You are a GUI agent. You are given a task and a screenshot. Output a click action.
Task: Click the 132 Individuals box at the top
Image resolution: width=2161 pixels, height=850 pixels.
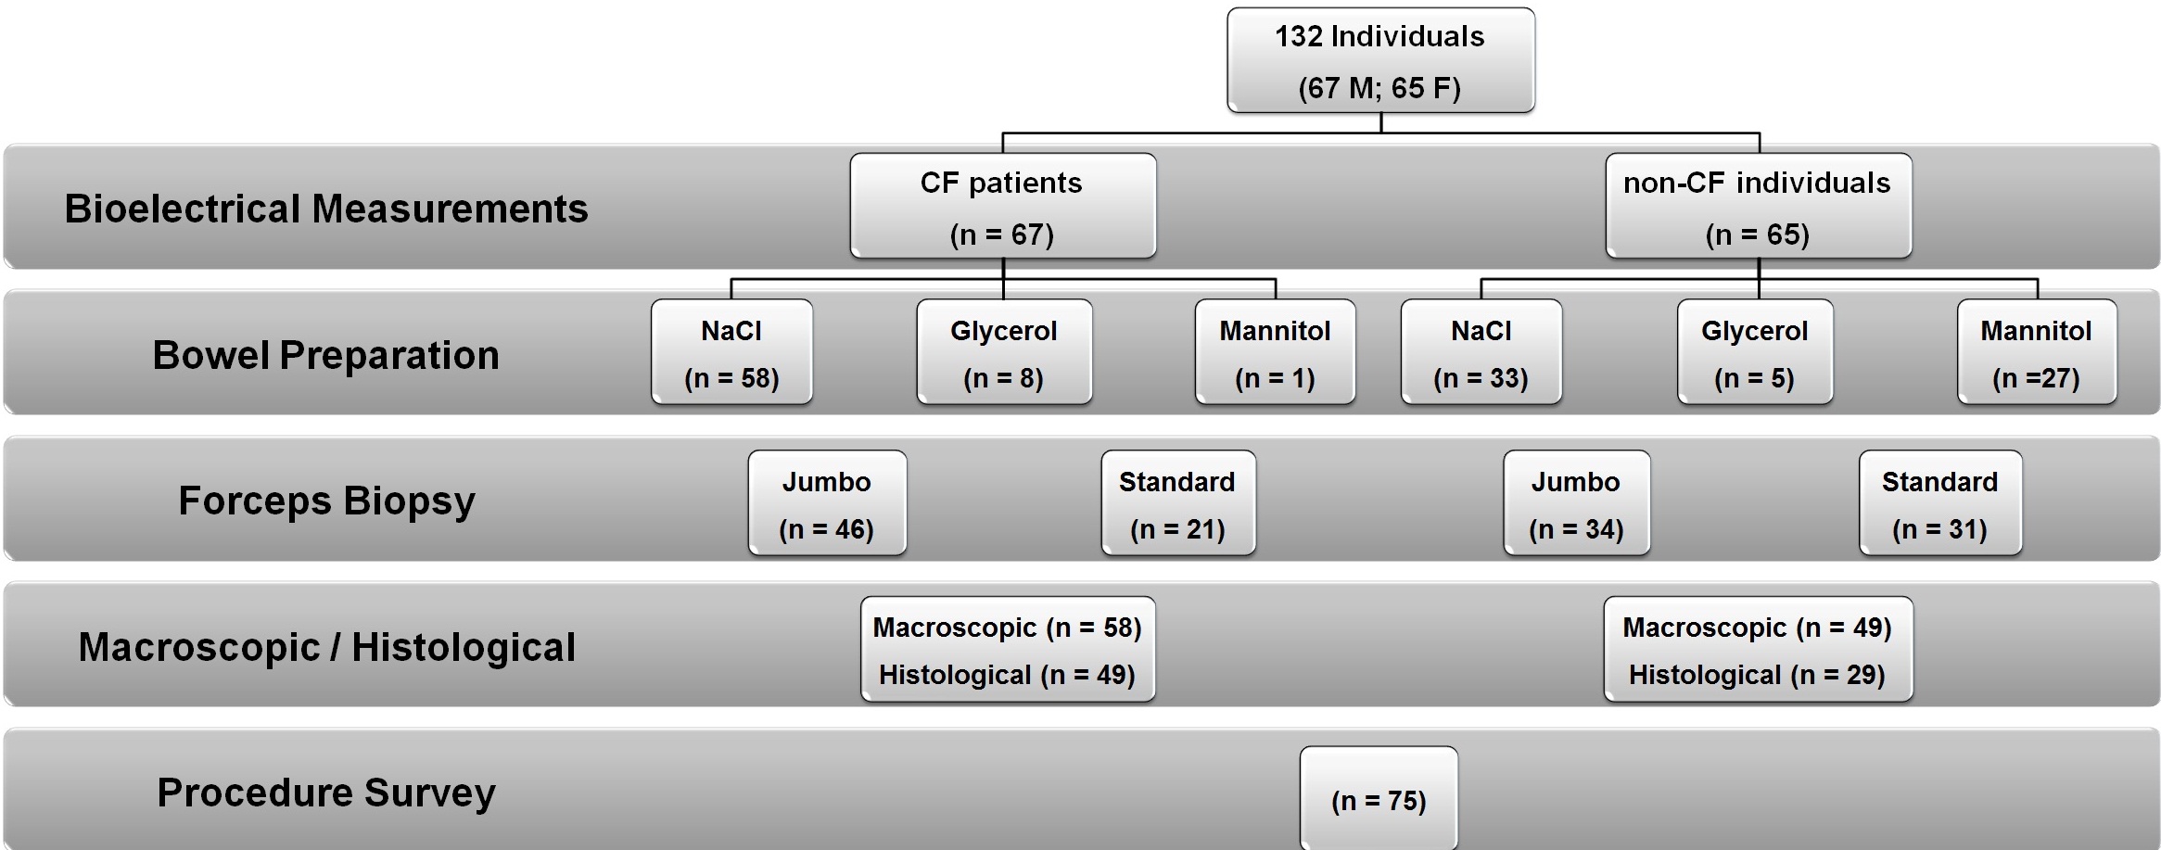tap(1380, 60)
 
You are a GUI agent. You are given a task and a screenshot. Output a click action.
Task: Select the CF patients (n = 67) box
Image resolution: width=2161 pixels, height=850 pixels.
tap(1003, 206)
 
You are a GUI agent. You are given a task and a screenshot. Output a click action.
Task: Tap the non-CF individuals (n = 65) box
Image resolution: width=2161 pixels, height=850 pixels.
tap(1759, 206)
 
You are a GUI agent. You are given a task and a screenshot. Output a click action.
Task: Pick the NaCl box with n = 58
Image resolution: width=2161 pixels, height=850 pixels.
tap(731, 352)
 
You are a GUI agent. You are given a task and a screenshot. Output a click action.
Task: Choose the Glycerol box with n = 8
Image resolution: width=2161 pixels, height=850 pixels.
tap(1004, 352)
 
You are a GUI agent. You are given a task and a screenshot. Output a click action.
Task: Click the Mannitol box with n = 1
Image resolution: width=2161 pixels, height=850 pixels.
tap(1276, 352)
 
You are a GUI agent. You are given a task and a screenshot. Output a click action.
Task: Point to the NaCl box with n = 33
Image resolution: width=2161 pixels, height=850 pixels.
tap(1481, 352)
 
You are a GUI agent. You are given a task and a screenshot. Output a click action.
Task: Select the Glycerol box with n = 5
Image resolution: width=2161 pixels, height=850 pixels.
tap(1755, 352)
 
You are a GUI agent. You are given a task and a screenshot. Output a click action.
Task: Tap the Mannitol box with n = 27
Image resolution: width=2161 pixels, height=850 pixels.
tap(2037, 352)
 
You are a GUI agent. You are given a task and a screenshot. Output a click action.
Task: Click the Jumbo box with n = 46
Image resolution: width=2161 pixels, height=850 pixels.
tap(827, 503)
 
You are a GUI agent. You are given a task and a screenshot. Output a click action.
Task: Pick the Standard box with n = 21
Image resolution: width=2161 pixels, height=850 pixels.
tap(1178, 503)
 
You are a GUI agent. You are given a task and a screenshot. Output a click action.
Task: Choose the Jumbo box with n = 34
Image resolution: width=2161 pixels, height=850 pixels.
tap(1577, 503)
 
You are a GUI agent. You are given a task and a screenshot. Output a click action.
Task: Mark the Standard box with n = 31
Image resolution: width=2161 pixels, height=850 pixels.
tap(1940, 503)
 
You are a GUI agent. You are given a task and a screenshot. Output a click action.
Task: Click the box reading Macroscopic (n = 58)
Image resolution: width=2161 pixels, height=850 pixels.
tap(1008, 649)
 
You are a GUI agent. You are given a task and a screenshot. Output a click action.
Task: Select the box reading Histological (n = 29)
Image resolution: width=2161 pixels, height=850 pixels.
tap(1759, 649)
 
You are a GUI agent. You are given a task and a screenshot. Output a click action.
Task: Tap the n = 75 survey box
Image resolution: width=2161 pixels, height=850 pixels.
tap(1379, 798)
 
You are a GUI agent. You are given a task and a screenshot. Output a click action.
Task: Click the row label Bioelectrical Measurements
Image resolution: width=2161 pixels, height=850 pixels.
tap(326, 209)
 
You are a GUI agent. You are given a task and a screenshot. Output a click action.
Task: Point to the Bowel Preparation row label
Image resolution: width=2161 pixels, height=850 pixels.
tap(326, 355)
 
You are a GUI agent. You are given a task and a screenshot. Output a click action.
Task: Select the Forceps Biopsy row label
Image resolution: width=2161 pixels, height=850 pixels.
tap(326, 501)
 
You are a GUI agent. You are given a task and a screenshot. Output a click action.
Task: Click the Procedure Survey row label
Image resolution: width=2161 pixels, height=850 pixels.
tap(326, 793)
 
